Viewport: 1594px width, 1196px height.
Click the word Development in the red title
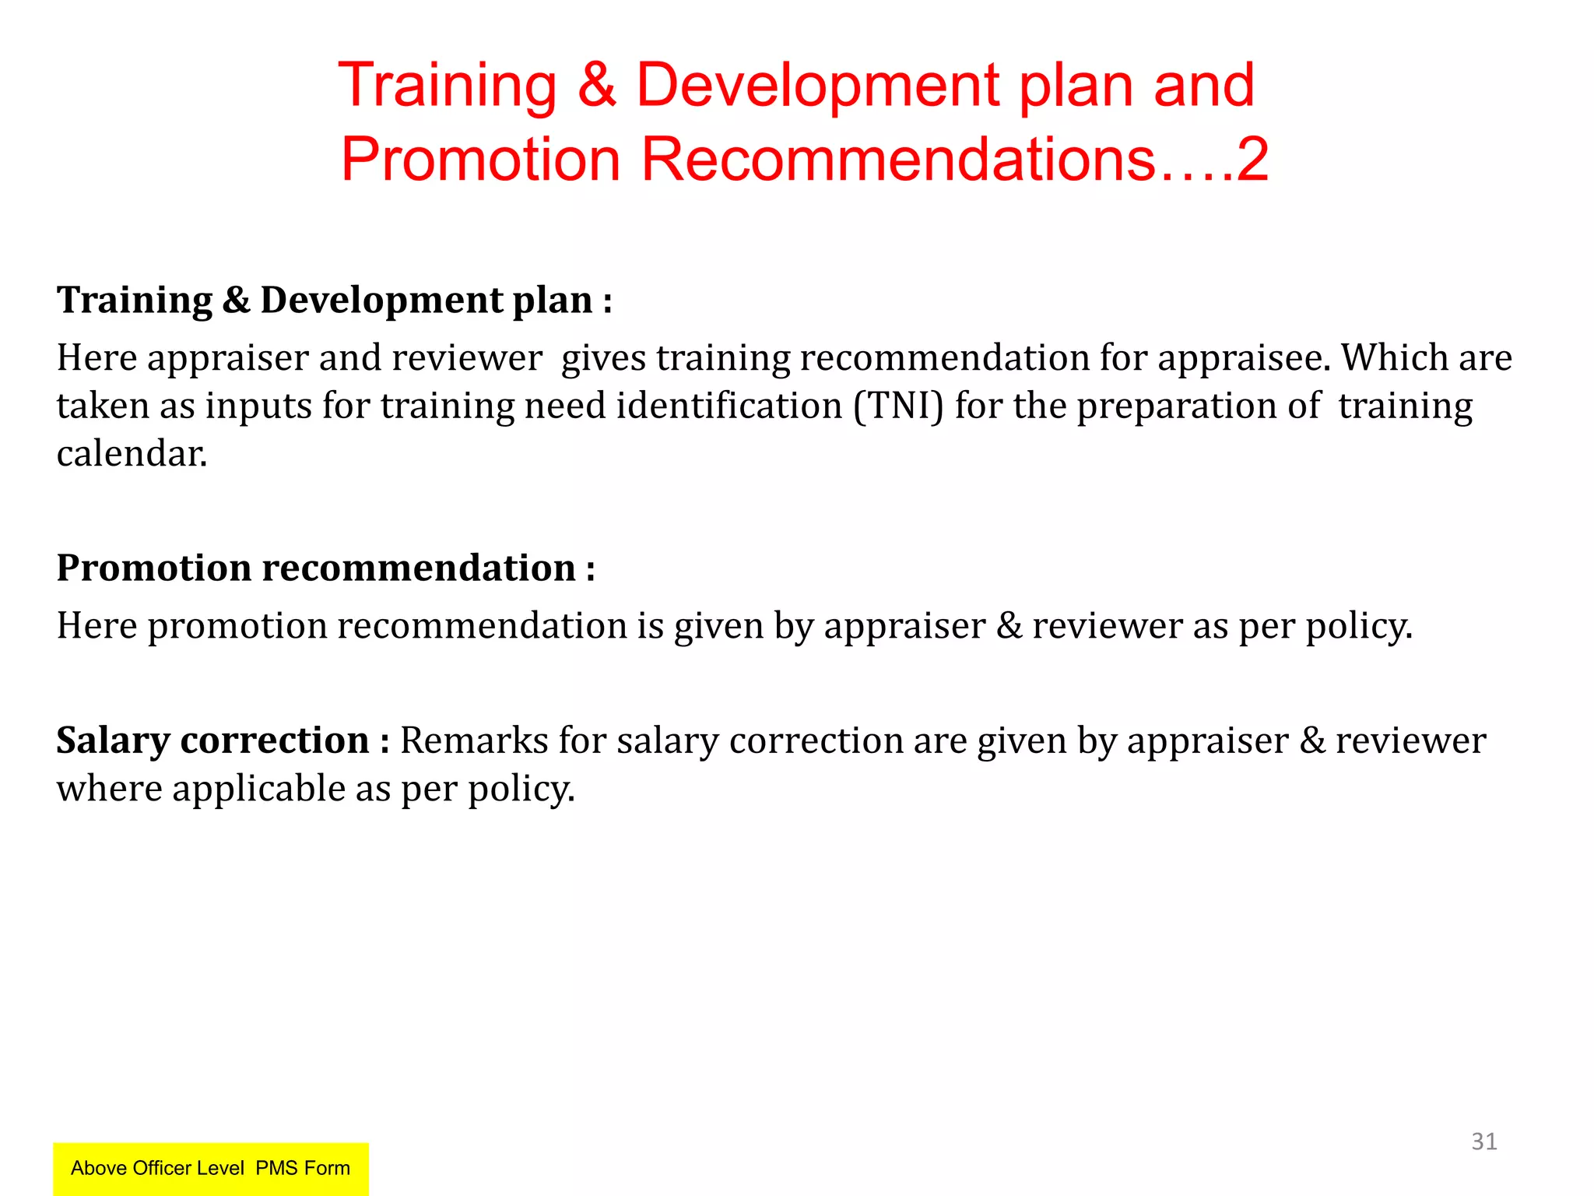pos(817,86)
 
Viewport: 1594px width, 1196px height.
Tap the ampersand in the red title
pos(597,86)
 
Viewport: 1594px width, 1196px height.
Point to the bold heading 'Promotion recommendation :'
pos(325,568)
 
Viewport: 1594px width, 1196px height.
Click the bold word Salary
pos(113,740)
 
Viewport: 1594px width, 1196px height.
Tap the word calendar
pos(132,454)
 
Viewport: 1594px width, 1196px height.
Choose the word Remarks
pos(474,740)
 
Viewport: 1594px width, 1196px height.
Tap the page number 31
pos(1483,1141)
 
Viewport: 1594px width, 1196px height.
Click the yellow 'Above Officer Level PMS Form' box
pos(210,1168)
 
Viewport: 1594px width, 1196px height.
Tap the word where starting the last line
pos(109,789)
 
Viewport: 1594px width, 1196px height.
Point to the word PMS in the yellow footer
pos(276,1168)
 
